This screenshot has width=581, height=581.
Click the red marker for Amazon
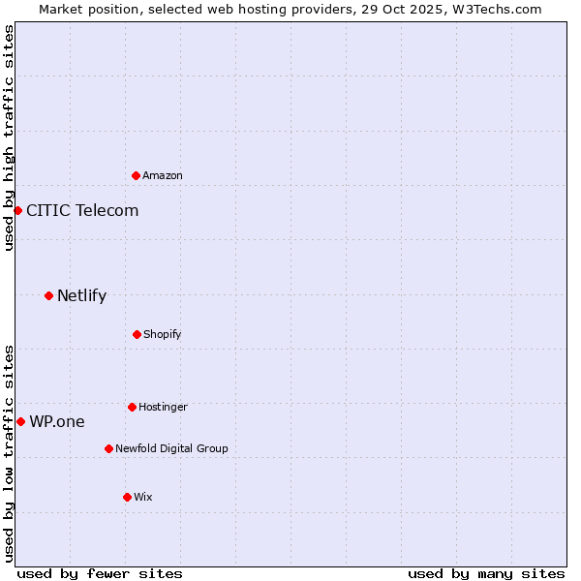pos(137,175)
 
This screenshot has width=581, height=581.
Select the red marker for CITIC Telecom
pos(17,210)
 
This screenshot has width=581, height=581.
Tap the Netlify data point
pos(48,295)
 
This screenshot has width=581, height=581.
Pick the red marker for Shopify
pos(137,334)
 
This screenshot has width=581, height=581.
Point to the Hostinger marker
pos(132,407)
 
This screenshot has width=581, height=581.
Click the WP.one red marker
pos(20,421)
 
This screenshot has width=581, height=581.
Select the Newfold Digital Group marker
pos(108,448)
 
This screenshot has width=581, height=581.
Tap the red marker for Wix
pos(127,497)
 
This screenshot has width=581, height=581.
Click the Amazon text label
pos(163,175)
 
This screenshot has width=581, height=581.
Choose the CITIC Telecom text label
pos(82,210)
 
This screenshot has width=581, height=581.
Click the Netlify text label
pos(81,295)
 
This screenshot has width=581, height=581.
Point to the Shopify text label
pos(163,334)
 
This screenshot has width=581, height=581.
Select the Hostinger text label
pos(163,407)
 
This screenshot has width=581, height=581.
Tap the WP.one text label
pos(57,421)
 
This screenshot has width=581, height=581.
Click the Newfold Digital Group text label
pos(171,448)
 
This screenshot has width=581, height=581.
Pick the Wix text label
pos(143,497)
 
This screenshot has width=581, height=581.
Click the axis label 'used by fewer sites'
pos(100,573)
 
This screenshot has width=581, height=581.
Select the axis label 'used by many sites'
pos(486,573)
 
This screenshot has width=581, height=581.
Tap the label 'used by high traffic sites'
pos(9,138)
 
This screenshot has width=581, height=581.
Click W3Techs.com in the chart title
pos(494,9)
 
